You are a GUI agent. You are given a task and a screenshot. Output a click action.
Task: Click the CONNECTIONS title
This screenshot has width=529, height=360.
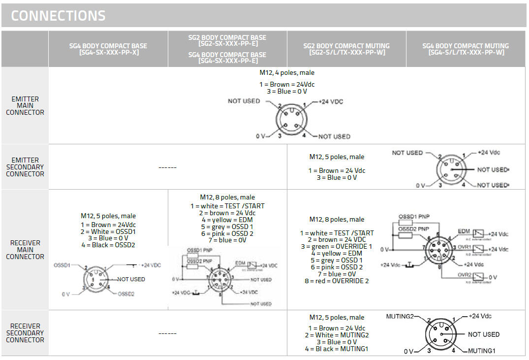tap(58, 16)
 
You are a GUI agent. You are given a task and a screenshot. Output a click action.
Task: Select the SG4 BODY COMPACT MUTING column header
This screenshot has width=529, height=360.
tap(466, 49)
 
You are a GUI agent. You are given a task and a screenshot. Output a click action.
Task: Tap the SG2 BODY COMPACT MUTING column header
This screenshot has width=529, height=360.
tap(347, 49)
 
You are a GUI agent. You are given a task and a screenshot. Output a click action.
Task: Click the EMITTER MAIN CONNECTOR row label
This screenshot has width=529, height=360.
tap(25, 105)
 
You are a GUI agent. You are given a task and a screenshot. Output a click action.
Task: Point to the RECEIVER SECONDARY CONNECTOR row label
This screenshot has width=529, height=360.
tap(25, 333)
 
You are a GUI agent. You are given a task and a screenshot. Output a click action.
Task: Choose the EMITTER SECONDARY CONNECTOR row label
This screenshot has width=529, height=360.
tap(25, 167)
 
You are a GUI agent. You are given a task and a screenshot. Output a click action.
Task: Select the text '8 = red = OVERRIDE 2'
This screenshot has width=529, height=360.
tap(337, 281)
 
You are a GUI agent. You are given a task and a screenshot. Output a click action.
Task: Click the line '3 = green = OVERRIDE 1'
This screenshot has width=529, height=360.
tap(337, 246)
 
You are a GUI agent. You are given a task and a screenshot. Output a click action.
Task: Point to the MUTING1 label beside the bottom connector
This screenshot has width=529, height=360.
tap(481, 351)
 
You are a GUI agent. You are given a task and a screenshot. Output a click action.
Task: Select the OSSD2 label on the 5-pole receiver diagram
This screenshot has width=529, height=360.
tap(126, 294)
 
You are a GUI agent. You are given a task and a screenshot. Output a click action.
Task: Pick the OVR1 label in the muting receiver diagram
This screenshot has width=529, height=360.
tap(464, 247)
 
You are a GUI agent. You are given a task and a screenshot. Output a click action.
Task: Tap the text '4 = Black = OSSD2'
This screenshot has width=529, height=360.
tap(108, 245)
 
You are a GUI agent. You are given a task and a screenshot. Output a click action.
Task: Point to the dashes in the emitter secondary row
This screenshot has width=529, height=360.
tap(167, 167)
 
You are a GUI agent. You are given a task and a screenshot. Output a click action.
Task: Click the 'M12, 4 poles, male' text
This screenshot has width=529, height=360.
tap(287, 73)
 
